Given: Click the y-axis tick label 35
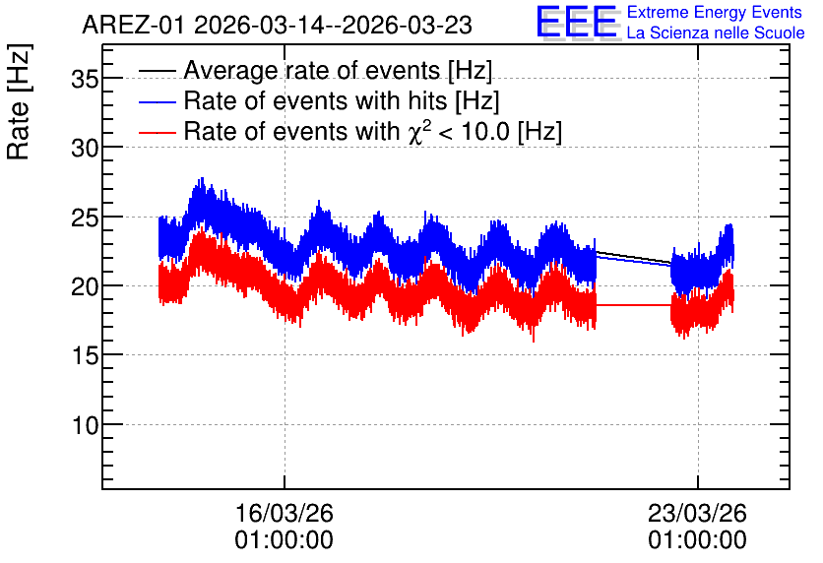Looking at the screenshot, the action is click(x=85, y=80).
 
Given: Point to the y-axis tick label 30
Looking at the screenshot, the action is click(x=85, y=149).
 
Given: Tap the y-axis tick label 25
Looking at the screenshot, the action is click(x=85, y=218).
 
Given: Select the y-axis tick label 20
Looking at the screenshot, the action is click(x=85, y=287).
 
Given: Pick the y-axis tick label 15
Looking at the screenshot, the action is click(x=85, y=356).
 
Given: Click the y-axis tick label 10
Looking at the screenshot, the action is click(x=85, y=425).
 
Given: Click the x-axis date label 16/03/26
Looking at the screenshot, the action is click(x=284, y=513).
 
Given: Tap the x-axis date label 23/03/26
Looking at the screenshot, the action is click(x=697, y=513).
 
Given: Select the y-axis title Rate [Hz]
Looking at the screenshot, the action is click(x=19, y=101).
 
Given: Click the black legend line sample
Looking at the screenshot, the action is click(x=157, y=71).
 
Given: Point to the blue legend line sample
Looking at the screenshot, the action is click(x=157, y=101).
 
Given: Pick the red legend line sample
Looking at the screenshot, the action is click(x=157, y=132).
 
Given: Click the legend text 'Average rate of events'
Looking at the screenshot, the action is click(x=312, y=70).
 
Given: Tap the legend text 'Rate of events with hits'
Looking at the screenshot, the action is click(x=315, y=100).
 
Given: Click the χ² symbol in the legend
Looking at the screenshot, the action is click(x=416, y=131).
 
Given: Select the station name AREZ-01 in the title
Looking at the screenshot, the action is click(x=133, y=26).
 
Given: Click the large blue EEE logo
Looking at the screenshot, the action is click(x=577, y=22).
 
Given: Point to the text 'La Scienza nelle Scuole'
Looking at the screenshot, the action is click(x=716, y=33).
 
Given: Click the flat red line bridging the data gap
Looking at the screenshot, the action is click(x=634, y=305).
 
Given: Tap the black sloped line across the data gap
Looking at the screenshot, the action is click(x=634, y=257).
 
